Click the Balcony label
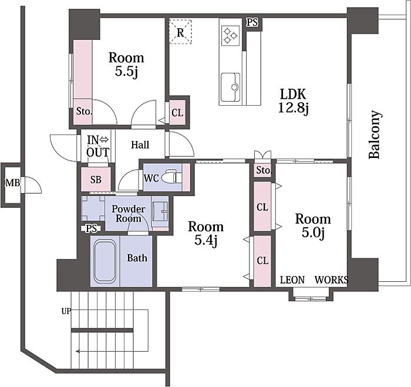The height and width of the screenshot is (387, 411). click(375, 135)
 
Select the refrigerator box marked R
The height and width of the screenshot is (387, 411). click(180, 32)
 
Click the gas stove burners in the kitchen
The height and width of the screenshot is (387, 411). click(230, 35)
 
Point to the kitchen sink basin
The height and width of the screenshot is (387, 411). click(230, 87)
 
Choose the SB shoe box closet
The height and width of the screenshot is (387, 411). click(96, 180)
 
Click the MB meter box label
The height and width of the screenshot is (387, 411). click(12, 183)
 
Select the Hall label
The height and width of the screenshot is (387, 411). click(140, 144)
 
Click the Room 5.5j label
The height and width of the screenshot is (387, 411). click(126, 64)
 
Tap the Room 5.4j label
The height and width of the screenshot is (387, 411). click(206, 233)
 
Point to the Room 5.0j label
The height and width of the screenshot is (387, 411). click(313, 226)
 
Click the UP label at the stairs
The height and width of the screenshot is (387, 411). click(66, 311)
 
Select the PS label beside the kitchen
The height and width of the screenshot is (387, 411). click(252, 22)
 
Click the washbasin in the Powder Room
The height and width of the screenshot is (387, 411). click(160, 211)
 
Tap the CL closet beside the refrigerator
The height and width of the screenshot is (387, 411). click(177, 113)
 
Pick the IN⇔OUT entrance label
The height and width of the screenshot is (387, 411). click(98, 146)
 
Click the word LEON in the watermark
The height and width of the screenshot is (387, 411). click(292, 280)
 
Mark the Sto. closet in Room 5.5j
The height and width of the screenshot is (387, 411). click(83, 112)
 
